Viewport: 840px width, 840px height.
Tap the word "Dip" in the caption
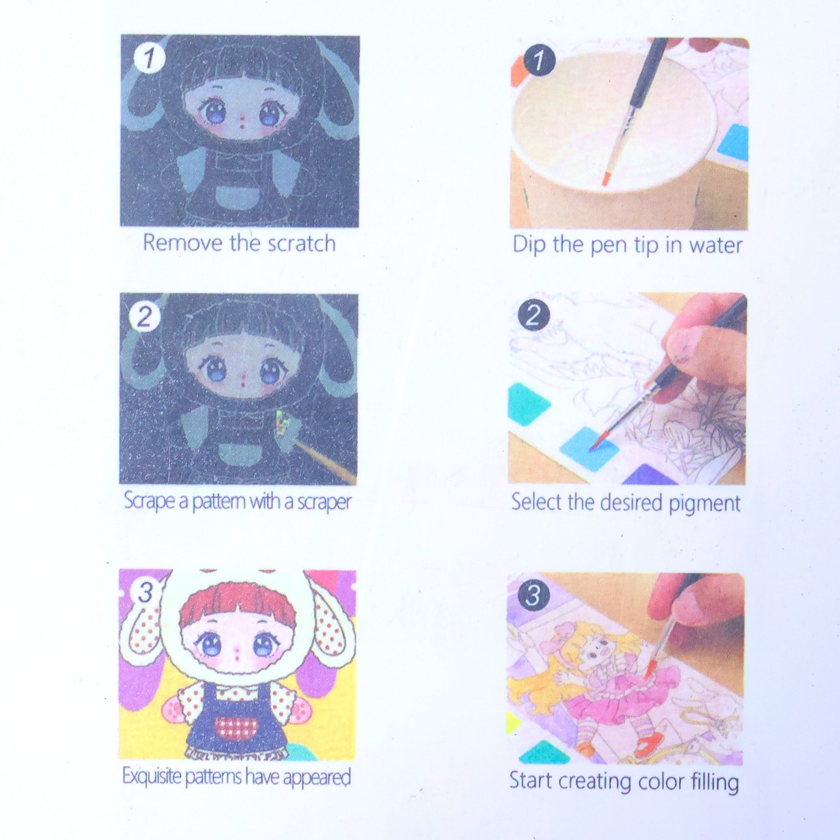(529, 245)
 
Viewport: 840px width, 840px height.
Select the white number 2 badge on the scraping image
(144, 317)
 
